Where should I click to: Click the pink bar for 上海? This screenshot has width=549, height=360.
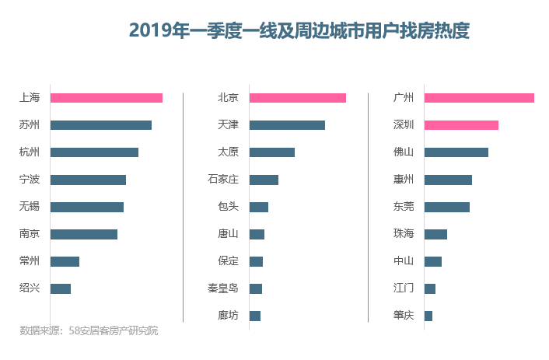pyautogui.click(x=107, y=98)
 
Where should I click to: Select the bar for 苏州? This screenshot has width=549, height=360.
pyautogui.click(x=101, y=125)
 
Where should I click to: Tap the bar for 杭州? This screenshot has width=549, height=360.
pyautogui.click(x=94, y=152)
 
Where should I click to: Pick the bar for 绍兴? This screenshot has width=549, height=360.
pyautogui.click(x=61, y=288)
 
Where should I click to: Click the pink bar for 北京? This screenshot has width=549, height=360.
pyautogui.click(x=298, y=98)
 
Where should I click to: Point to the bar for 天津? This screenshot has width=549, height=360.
pyautogui.click(x=287, y=125)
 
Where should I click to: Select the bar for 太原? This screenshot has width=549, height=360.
pyautogui.click(x=272, y=152)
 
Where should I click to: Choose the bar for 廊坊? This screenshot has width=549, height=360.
pyautogui.click(x=255, y=316)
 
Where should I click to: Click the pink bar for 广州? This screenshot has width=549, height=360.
pyautogui.click(x=479, y=98)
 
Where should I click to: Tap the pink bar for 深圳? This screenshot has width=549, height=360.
pyautogui.click(x=461, y=125)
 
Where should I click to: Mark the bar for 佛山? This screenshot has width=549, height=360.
pyautogui.click(x=456, y=152)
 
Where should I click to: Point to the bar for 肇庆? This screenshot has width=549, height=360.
pyautogui.click(x=428, y=316)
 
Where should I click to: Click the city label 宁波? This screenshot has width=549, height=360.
pyautogui.click(x=30, y=180)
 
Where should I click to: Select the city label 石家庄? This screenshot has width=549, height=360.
pyautogui.click(x=222, y=180)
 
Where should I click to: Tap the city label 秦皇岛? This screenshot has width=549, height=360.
pyautogui.click(x=222, y=288)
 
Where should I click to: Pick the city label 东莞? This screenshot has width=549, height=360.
pyautogui.click(x=404, y=207)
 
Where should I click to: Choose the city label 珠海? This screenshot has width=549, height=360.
pyautogui.click(x=404, y=234)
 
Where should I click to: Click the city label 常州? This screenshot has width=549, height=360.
pyautogui.click(x=30, y=261)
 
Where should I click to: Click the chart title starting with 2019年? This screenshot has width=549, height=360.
pyautogui.click(x=299, y=31)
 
